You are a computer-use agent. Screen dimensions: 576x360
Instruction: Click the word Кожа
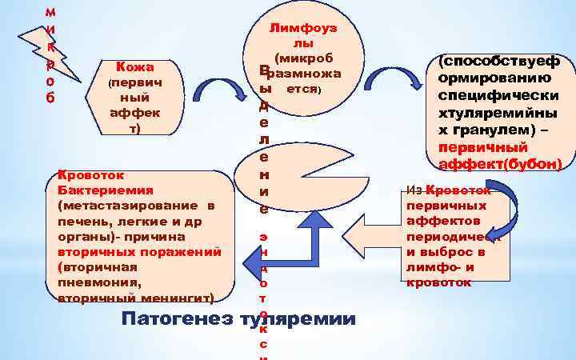(134, 67)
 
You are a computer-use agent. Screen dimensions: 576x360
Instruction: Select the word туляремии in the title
(297, 319)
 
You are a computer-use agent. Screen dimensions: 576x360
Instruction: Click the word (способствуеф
(495, 62)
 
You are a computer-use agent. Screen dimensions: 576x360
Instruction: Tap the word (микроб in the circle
(302, 58)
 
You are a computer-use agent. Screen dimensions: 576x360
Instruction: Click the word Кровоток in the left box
(87, 175)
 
